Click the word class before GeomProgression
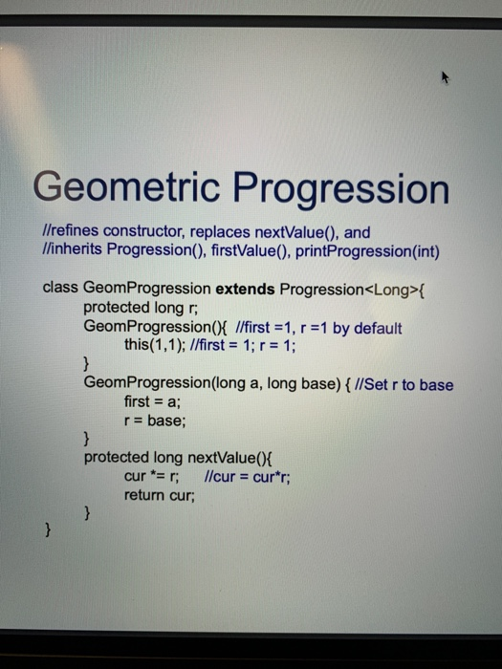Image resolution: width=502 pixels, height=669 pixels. pos(62,288)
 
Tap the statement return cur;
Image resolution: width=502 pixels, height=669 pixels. pos(160,495)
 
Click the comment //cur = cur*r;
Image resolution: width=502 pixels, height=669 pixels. pos(249,476)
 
